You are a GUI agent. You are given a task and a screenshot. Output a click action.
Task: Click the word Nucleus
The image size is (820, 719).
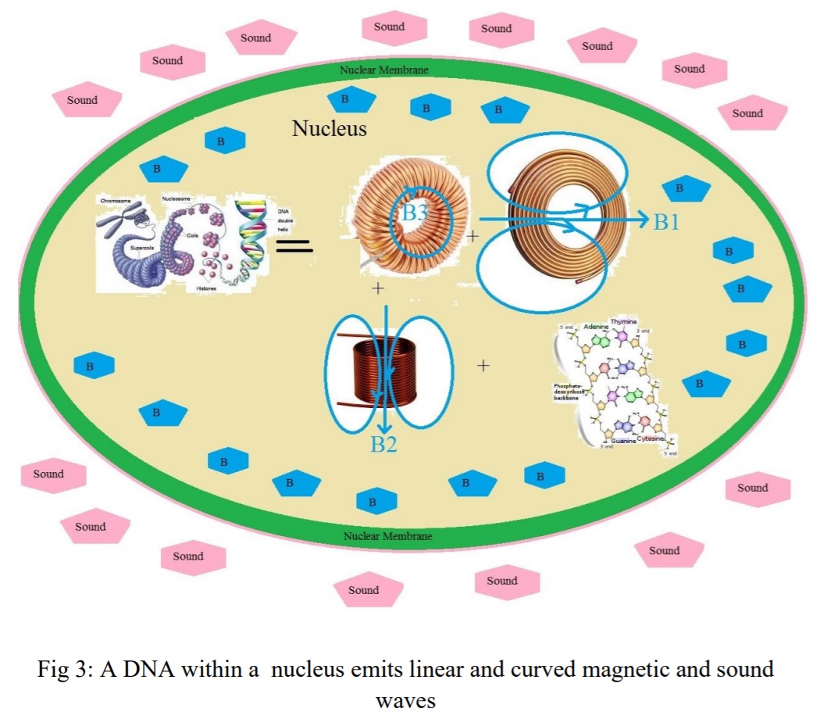point(329,128)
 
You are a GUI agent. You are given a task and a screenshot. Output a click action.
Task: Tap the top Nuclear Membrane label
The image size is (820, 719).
point(383,70)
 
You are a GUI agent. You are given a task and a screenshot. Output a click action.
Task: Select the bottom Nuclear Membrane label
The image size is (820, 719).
point(387,536)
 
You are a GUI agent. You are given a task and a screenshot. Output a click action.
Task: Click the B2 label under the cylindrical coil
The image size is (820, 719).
point(383,445)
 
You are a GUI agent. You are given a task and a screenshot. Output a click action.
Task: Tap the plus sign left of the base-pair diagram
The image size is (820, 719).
point(483,365)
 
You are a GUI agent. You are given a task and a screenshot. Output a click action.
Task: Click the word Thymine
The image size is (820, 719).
point(624,322)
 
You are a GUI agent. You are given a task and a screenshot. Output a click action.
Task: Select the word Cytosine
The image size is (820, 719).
point(650,440)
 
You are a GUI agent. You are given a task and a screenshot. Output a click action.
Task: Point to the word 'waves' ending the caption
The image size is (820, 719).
point(405,700)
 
